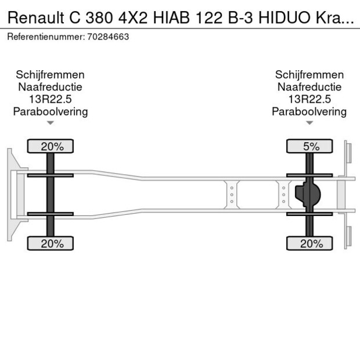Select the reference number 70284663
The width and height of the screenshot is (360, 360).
pyautogui.click(x=109, y=37)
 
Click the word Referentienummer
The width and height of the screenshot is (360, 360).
pyautogui.click(x=46, y=37)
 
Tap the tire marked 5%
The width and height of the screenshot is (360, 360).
pyautogui.click(x=309, y=146)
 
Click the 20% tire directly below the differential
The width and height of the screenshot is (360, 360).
pyautogui.click(x=309, y=244)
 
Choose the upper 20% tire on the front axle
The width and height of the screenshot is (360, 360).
pyautogui.click(x=51, y=146)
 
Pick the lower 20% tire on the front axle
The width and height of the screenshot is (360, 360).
pyautogui.click(x=51, y=244)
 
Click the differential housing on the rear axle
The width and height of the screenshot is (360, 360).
pyautogui.click(x=308, y=195)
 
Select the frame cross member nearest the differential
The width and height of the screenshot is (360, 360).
pyautogui.click(x=283, y=194)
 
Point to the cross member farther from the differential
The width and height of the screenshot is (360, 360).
pyautogui.click(x=231, y=194)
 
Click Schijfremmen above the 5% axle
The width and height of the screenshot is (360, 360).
pyautogui.click(x=309, y=75)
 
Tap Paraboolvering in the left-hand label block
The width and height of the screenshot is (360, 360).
pyautogui.click(x=51, y=111)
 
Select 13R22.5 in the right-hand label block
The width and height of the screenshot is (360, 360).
pyautogui.click(x=309, y=99)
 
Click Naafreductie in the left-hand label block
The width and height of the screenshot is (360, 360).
pyautogui.click(x=51, y=87)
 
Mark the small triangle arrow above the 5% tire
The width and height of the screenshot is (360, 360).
pyautogui.click(x=309, y=123)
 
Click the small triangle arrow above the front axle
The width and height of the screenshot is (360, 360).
pyautogui.click(x=51, y=123)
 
